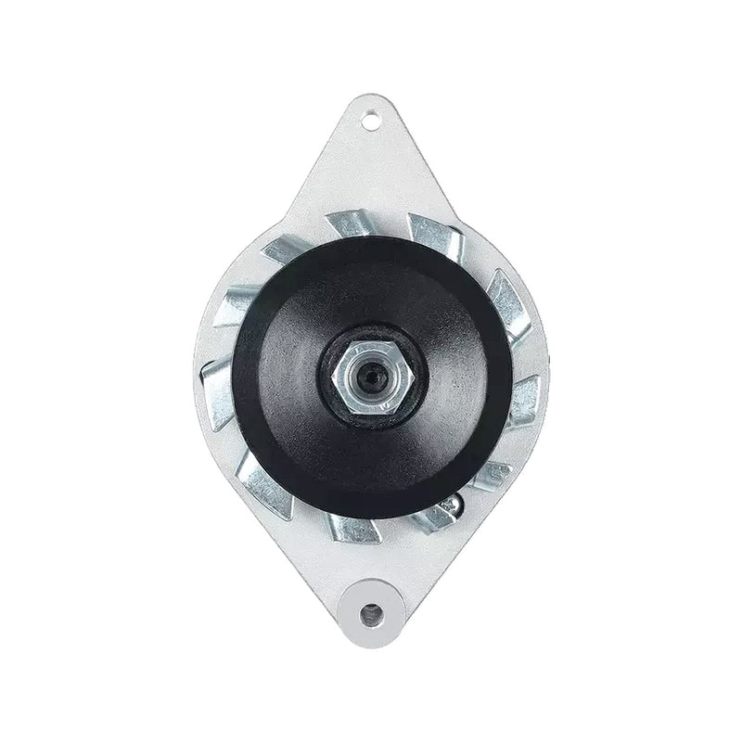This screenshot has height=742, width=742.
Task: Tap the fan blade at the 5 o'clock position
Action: pyautogui.click(x=432, y=519)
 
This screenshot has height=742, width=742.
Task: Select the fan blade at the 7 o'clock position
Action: pyautogui.click(x=264, y=482)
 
